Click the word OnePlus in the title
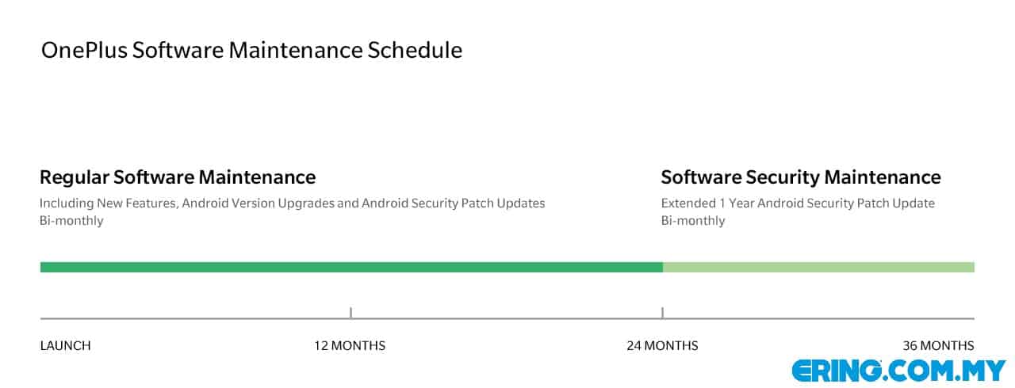[x=84, y=50]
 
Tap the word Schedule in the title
[x=415, y=50]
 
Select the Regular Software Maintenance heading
[x=178, y=177]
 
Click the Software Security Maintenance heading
[x=801, y=177]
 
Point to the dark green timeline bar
[x=351, y=268]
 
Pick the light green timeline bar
[x=819, y=268]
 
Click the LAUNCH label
[x=65, y=346]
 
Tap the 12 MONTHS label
[x=350, y=346]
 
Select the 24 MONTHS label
[x=662, y=346]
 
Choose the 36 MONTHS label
[x=938, y=346]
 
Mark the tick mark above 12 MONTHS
[x=350, y=313]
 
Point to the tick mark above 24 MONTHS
[x=662, y=313]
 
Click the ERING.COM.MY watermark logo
[x=899, y=371]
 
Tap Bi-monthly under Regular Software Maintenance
[x=71, y=221]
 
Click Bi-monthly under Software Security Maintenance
[x=693, y=221]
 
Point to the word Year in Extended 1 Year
[x=741, y=204]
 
